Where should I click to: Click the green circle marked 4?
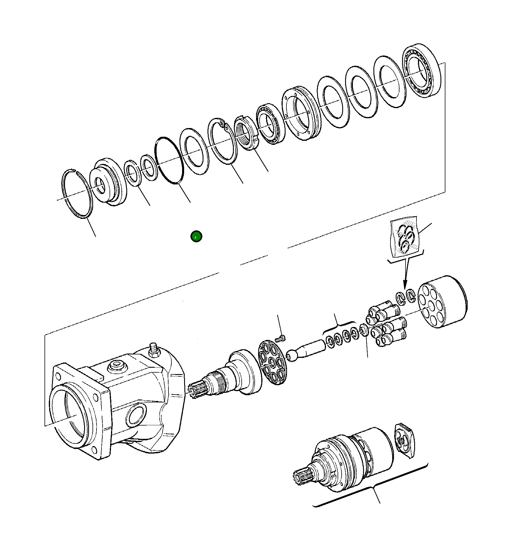coord(196,236)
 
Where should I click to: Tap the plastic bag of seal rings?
coord(405,237)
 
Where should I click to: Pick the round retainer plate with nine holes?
coord(271,363)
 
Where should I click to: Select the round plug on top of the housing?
coord(117,366)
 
